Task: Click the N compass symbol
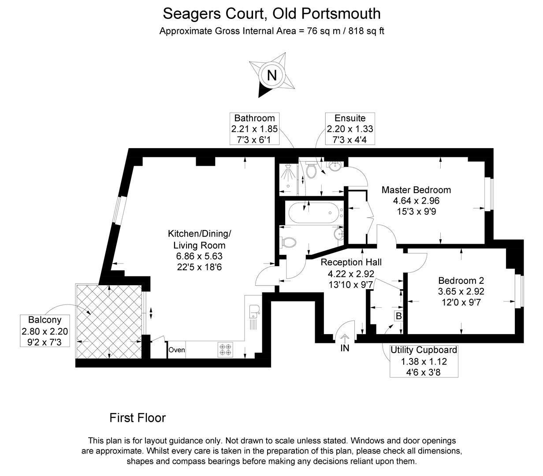pos(271,75)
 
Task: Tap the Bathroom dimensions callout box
pos(254,129)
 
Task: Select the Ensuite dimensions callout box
pos(350,129)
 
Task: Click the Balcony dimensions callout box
pos(45,331)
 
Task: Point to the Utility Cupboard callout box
pos(424,361)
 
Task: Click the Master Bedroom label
pos(416,190)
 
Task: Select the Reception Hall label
pos(351,262)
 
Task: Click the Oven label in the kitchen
pos(177,350)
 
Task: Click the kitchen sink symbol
pos(254,311)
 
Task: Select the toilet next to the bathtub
pos(288,242)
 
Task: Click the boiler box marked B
pos(398,316)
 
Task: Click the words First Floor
pos(138,417)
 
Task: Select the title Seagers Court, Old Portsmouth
pos(271,14)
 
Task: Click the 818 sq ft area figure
pos(367,31)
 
